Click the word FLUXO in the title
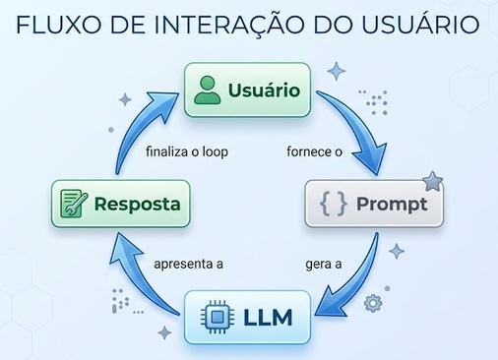click(x=58, y=25)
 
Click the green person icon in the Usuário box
click(x=207, y=90)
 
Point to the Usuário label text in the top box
click(x=264, y=90)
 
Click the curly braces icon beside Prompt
click(x=333, y=204)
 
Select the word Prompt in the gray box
click(x=392, y=205)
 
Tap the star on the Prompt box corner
click(x=432, y=181)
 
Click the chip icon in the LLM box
click(x=218, y=317)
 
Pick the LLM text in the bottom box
click(x=268, y=318)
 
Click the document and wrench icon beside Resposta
click(x=74, y=204)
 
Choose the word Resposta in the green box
click(x=137, y=204)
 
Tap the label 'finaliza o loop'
click(x=187, y=151)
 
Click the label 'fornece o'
click(x=314, y=151)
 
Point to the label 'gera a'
click(x=324, y=265)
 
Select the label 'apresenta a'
click(x=188, y=264)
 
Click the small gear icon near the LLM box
click(x=373, y=303)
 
